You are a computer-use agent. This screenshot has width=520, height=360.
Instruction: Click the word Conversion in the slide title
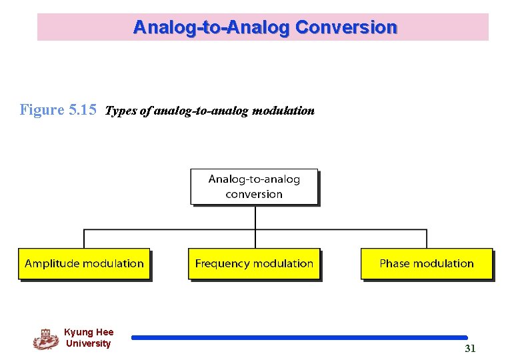pos(346,27)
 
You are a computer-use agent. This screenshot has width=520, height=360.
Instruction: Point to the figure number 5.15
pos(83,110)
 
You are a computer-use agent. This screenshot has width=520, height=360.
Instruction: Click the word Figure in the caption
pos(42,110)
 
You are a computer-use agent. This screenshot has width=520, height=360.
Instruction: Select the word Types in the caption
pos(121,111)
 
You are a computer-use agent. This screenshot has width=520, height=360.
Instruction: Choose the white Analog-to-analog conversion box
pos(254,187)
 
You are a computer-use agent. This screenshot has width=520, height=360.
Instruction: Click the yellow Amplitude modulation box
pos(84,264)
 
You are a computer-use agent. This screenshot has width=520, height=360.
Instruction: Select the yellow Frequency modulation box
pos(254,264)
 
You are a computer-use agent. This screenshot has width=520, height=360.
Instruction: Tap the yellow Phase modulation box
pos(427,264)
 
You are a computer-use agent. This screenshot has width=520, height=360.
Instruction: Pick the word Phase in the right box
pos(395,264)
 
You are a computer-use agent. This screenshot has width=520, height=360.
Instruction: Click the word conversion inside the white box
pos(254,195)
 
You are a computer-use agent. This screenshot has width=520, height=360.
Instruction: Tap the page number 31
pos(470,349)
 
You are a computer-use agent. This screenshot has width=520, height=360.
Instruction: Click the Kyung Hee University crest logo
pos(45,339)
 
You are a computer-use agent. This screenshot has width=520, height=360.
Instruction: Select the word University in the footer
pos(89,344)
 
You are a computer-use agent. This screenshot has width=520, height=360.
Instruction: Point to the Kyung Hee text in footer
pos(89,332)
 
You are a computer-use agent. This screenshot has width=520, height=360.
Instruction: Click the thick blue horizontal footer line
pos(299,338)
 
